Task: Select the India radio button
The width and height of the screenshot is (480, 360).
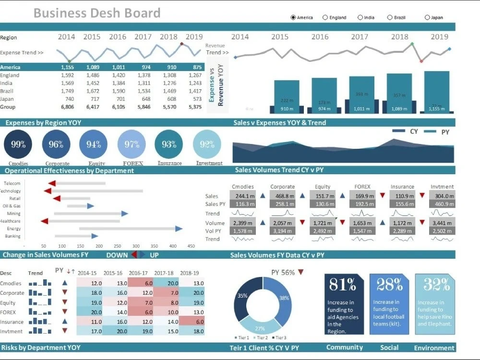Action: pyautogui.click(x=360, y=17)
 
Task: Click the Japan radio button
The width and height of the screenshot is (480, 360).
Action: pyautogui.click(x=427, y=17)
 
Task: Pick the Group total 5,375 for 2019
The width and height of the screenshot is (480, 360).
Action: pyautogui.click(x=195, y=107)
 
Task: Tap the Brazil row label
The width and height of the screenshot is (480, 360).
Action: pyautogui.click(x=6, y=91)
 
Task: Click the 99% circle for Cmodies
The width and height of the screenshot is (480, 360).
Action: pyautogui.click(x=18, y=144)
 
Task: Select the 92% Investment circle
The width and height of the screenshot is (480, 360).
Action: pyautogui.click(x=207, y=144)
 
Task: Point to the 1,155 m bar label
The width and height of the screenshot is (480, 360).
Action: pyautogui.click(x=436, y=109)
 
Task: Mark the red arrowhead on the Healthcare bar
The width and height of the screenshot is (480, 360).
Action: pyautogui.click(x=45, y=221)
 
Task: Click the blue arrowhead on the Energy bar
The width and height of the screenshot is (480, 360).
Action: pyautogui.click(x=179, y=229)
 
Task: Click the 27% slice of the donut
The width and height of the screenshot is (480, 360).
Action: pyautogui.click(x=260, y=326)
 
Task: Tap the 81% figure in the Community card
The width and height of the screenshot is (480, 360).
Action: pyautogui.click(x=343, y=285)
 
